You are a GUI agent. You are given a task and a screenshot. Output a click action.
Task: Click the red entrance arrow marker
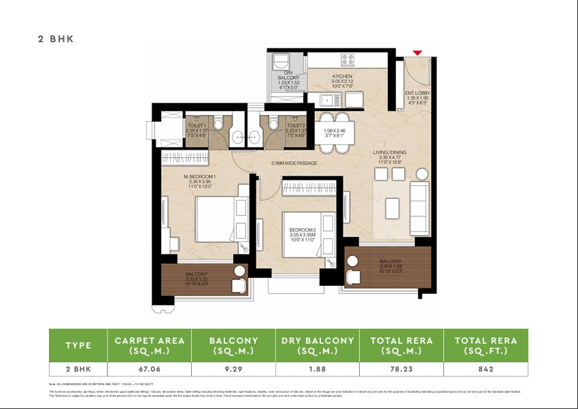tap(418, 53)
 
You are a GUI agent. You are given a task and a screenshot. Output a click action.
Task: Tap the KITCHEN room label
tap(341, 77)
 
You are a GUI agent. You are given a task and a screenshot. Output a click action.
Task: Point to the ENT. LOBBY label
tap(417, 93)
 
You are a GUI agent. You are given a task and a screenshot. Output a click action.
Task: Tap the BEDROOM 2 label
tap(302, 230)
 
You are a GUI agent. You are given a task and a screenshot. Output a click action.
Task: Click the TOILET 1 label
tap(197, 126)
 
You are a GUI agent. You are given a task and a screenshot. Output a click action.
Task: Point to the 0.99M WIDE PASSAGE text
tap(294, 163)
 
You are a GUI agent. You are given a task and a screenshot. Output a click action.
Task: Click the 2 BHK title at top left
tap(56, 39)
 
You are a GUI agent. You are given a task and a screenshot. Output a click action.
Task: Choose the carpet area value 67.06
tap(149, 369)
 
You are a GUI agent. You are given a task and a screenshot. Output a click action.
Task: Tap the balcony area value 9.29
tap(233, 369)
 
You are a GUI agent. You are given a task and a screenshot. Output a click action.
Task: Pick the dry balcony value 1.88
tap(318, 369)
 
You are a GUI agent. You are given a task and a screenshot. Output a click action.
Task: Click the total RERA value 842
tap(486, 369)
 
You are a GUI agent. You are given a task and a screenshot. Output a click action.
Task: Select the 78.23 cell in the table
tap(401, 369)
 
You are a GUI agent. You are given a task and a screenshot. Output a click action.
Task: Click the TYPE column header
tap(78, 345)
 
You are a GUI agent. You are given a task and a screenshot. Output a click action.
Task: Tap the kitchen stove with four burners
tap(347, 60)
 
